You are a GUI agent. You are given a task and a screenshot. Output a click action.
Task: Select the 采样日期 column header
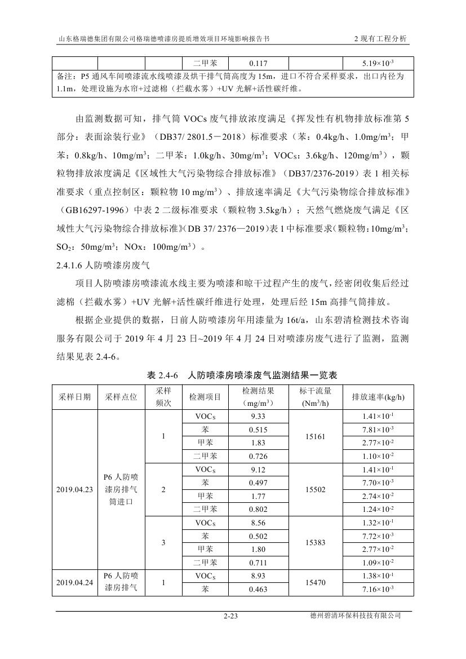74,397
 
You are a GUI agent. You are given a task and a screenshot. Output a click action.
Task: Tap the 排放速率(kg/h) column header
378,397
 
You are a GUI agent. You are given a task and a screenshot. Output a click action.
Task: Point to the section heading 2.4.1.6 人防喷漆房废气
104,263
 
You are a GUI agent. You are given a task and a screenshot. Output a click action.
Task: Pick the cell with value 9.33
258,416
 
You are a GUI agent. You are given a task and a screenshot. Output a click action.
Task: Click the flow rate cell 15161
315,436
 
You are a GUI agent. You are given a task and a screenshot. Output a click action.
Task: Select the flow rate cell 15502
315,489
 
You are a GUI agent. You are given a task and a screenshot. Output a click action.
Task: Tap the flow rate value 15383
315,542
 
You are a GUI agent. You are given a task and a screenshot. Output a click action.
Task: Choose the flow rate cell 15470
315,582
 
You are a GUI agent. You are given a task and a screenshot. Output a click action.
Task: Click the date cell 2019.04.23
74,489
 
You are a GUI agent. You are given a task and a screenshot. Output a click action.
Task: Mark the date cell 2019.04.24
74,582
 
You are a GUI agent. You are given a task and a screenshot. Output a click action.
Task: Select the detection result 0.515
258,430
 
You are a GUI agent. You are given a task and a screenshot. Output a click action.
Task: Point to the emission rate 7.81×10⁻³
378,430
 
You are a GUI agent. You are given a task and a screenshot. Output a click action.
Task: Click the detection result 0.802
258,509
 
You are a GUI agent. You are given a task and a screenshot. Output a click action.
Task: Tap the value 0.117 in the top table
258,64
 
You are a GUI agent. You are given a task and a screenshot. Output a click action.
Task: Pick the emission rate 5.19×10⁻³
378,64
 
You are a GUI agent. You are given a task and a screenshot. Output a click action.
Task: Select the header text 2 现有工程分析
380,39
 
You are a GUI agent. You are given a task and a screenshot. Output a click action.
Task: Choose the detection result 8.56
258,523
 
